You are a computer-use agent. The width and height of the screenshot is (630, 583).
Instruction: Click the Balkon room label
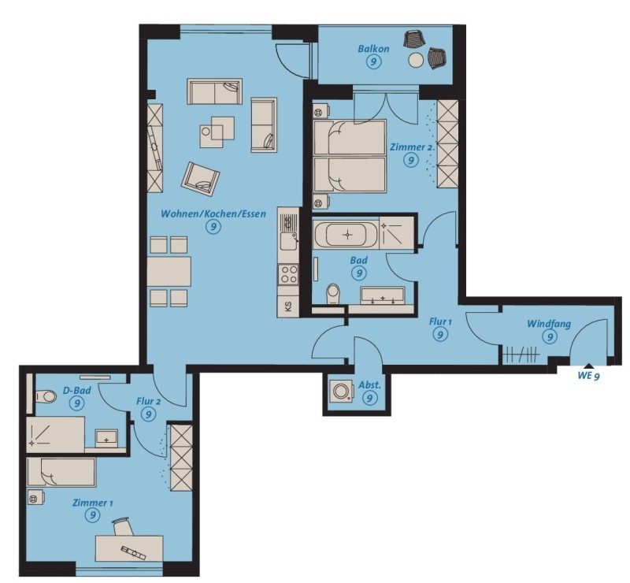point(373,49)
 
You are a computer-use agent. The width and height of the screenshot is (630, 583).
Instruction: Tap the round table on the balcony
point(416,61)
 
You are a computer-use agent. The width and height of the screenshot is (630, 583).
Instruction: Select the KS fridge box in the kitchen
point(288,306)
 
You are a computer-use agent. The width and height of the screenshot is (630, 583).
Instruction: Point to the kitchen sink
point(288,240)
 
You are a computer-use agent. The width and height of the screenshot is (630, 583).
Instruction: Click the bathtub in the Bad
point(346,235)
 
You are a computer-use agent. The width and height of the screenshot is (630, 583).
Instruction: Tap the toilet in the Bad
point(333,294)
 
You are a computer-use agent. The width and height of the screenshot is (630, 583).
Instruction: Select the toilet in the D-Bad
point(46,396)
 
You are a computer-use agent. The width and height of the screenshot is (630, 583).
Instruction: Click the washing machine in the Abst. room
point(342,391)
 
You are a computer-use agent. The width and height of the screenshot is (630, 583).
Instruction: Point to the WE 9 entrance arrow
point(588,366)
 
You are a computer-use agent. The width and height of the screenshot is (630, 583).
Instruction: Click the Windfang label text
point(549,324)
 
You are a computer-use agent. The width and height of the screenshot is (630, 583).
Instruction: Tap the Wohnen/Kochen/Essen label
point(213,214)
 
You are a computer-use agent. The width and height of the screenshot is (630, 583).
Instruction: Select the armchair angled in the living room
point(201,179)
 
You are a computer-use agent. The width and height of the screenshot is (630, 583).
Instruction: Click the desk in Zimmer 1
point(129,548)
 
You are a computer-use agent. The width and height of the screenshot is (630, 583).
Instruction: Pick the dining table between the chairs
point(169,271)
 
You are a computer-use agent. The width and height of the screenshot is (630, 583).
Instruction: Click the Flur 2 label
point(149,401)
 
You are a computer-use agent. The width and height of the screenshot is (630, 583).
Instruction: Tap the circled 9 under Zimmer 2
point(410,161)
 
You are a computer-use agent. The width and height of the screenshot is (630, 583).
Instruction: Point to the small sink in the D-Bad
point(106,438)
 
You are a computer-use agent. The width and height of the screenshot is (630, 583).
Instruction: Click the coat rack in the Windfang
point(521,355)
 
